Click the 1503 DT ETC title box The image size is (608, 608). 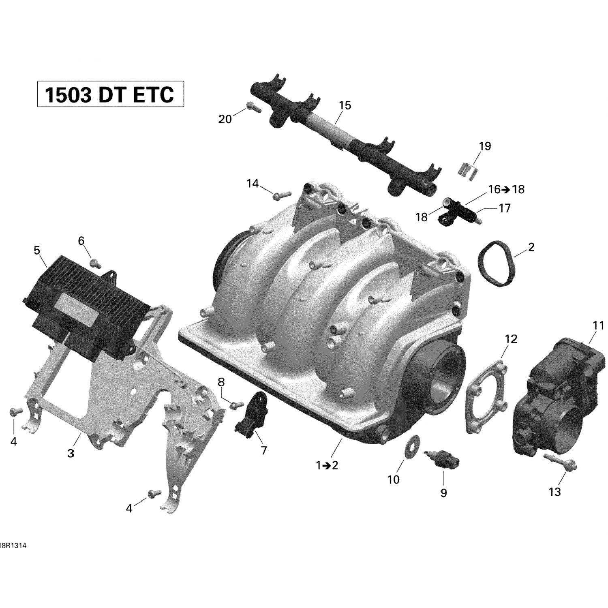pos(110,94)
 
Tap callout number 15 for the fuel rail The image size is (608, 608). pos(345,105)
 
